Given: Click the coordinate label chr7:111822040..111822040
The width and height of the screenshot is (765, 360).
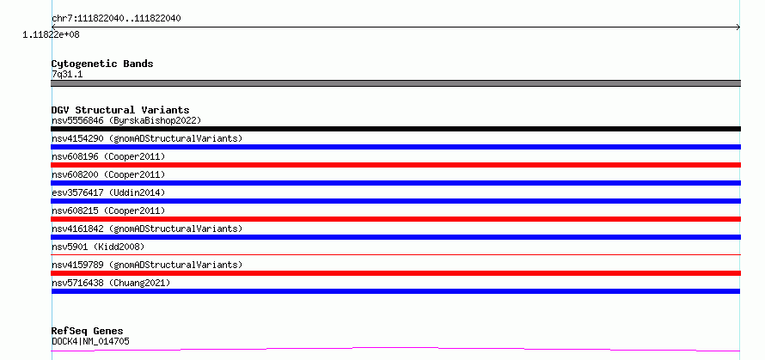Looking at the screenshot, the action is tap(117, 19).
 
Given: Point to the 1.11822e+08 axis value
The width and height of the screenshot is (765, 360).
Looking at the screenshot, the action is tap(51, 35).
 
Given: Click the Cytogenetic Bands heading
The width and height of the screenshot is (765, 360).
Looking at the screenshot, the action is tap(102, 64).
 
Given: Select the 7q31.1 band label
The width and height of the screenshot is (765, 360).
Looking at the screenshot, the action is tap(67, 75).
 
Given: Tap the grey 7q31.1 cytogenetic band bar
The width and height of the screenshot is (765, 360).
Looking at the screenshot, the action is tap(395, 83).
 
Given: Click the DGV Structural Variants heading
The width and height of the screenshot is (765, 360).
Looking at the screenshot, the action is tap(120, 110).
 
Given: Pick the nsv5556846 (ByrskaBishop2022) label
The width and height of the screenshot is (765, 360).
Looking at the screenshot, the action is tap(126, 120).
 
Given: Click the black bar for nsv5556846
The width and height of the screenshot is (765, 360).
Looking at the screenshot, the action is tap(395, 129).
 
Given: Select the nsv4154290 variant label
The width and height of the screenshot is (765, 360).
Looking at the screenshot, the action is tap(147, 138).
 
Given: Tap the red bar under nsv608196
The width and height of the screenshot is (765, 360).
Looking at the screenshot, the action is tap(395, 165).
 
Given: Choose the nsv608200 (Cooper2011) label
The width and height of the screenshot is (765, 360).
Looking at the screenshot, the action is tap(108, 174).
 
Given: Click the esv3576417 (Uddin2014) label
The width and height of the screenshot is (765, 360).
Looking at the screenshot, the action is tap(108, 192).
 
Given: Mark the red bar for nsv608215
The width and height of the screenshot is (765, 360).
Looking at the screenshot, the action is tap(395, 219).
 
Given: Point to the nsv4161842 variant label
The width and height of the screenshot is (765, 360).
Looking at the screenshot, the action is tap(147, 229).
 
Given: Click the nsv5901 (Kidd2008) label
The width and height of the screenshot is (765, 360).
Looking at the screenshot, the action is tap(98, 247).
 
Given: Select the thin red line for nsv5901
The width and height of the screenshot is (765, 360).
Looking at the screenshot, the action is tap(395, 254).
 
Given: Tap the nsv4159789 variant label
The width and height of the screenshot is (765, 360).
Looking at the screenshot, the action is tap(147, 265).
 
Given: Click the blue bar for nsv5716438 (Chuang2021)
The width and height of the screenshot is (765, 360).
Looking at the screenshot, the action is tap(395, 291).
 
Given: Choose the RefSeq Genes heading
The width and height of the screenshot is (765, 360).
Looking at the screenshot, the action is tap(88, 331).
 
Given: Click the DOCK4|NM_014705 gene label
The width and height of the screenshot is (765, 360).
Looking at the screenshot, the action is tap(91, 341).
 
